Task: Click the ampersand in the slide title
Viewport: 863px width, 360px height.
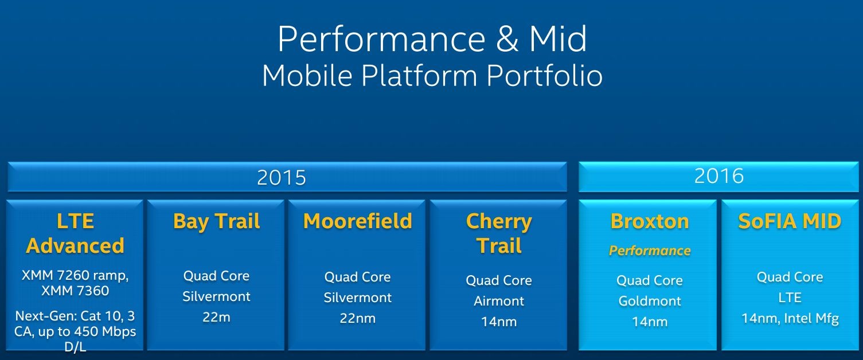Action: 507,38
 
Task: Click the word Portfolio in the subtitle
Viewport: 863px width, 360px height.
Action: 544,76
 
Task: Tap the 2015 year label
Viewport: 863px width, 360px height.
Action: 281,178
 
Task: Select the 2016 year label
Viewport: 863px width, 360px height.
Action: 718,176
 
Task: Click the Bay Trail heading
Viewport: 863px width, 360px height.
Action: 217,221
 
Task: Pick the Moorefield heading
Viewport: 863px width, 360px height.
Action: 358,221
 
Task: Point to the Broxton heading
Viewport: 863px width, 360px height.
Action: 650,221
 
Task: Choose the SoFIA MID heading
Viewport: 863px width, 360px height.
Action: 790,221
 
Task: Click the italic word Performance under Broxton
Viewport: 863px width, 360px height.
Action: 650,251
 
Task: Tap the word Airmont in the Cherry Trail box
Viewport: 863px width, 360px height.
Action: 499,301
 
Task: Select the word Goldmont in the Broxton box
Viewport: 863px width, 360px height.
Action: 650,301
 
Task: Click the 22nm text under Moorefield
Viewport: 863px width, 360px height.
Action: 358,318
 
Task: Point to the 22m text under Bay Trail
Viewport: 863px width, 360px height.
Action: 217,317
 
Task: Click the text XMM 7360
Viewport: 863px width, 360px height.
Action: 75,291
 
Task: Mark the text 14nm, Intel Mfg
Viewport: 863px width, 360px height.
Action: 790,318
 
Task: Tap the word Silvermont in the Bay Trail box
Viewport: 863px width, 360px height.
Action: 217,296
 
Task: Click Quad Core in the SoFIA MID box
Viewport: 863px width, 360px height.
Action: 790,277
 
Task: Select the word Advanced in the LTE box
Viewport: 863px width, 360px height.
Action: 75,246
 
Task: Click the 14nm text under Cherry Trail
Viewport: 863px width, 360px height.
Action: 499,322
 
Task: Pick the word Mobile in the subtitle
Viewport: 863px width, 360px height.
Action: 307,76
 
